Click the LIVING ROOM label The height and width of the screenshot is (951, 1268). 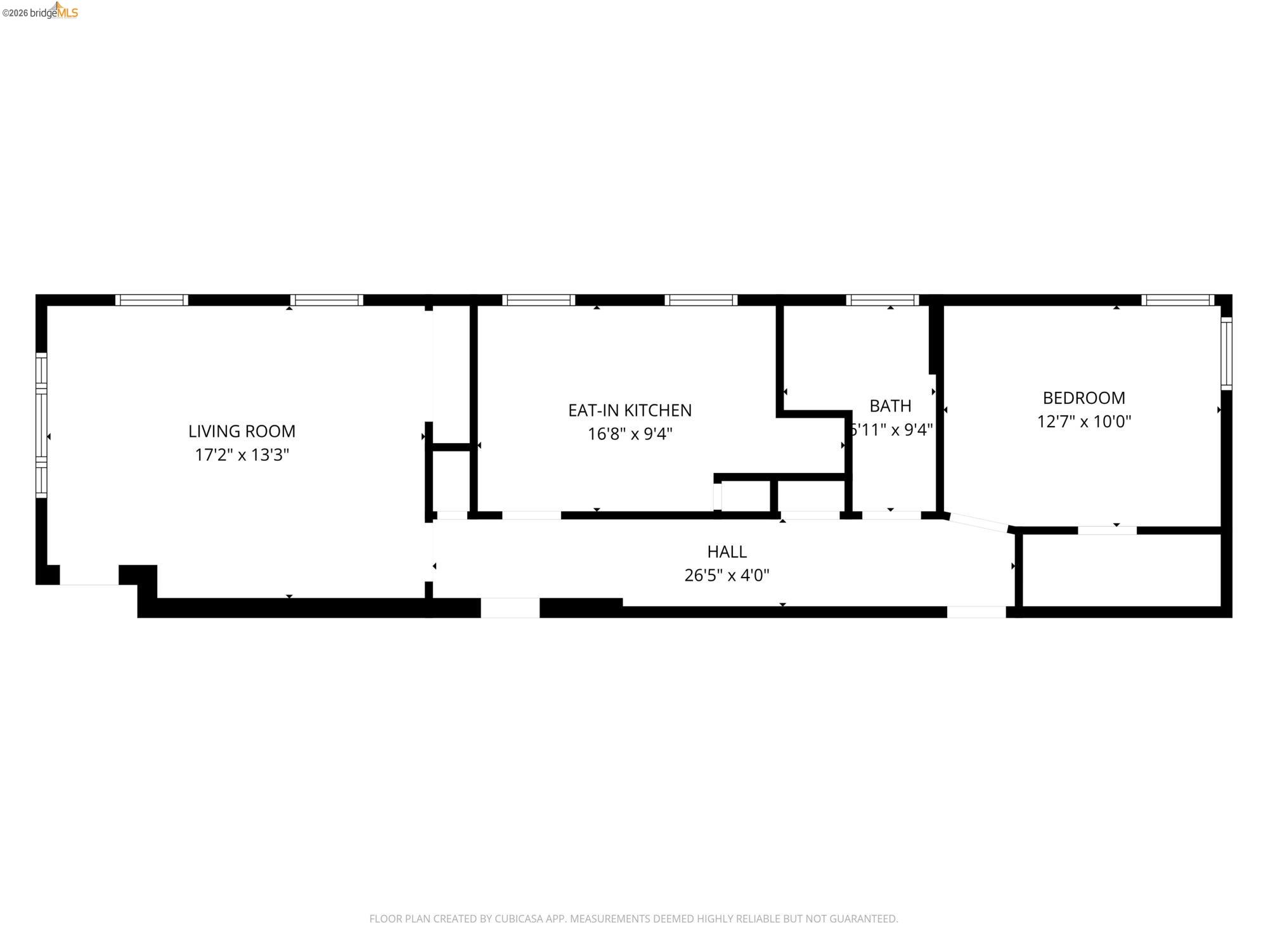[x=242, y=431]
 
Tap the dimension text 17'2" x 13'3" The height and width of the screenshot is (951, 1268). [x=242, y=455]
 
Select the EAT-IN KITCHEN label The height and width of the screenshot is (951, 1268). [x=630, y=410]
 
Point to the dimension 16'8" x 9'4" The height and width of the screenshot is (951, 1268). [x=630, y=434]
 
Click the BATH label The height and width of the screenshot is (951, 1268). [x=890, y=406]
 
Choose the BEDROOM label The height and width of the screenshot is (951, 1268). [x=1084, y=398]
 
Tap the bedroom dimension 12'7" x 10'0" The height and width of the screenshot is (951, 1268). [x=1084, y=422]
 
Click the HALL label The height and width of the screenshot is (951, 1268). [x=727, y=552]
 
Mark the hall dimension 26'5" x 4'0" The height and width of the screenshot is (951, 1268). [x=727, y=575]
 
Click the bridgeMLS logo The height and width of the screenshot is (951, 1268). [x=53, y=11]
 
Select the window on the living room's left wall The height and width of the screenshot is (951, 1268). [x=41, y=425]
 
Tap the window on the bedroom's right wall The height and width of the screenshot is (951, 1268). [x=1226, y=353]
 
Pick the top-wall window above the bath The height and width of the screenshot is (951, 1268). [x=882, y=300]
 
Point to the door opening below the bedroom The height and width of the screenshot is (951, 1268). [x=1107, y=531]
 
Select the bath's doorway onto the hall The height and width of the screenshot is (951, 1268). [x=891, y=515]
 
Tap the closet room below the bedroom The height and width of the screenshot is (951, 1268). [x=1122, y=571]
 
